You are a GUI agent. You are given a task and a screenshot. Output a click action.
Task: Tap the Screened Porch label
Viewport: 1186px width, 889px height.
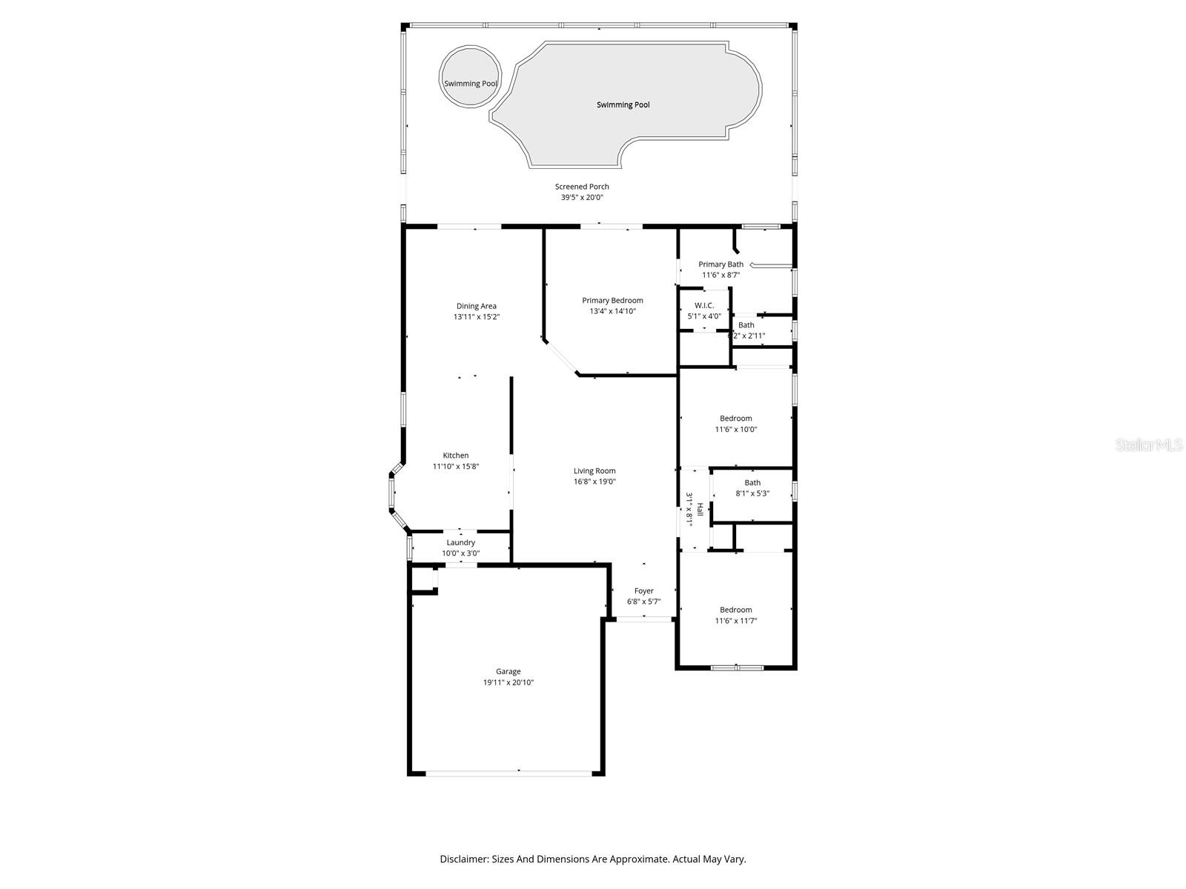point(582,187)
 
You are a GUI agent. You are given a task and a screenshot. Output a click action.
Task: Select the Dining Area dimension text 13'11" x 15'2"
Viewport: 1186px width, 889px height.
point(477,317)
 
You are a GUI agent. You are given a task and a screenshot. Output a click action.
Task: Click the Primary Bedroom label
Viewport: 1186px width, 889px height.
point(612,300)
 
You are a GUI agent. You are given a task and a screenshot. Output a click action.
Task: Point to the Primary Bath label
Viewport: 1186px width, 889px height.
point(720,264)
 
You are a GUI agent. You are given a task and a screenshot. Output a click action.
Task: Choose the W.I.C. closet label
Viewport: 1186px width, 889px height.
point(704,305)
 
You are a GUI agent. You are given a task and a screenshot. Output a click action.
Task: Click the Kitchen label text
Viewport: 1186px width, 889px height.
point(456,456)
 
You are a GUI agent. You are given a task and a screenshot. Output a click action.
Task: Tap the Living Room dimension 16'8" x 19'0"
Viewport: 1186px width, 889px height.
point(594,482)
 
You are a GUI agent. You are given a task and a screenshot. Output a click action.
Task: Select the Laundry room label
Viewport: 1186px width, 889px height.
point(460,542)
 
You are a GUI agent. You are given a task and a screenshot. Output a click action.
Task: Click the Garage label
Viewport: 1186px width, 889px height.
point(508,672)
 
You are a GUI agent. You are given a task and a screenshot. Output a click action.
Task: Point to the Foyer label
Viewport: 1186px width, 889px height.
point(644,591)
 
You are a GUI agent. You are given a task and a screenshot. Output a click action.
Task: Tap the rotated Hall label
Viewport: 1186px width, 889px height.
point(698,510)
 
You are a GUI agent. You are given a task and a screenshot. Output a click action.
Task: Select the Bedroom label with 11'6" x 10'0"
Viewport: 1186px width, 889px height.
point(736,419)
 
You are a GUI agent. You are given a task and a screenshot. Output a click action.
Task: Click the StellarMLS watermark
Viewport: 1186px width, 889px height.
point(1150,445)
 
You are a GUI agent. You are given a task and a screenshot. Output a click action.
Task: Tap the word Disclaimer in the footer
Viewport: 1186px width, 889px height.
point(463,859)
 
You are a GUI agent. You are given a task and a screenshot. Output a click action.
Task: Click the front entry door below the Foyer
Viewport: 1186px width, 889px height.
point(644,619)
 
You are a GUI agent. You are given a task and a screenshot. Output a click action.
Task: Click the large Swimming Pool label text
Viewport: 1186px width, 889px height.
point(623,105)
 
